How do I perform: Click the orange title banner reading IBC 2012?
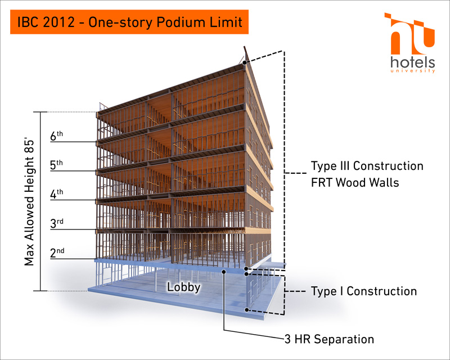pos(129,22)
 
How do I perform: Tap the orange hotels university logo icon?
pos(409,34)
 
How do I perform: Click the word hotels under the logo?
pos(413,62)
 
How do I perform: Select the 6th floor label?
pos(57,136)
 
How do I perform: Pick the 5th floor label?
pos(57,165)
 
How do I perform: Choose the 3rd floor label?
pos(57,223)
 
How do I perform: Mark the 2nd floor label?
pos(57,253)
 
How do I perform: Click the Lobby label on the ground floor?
pos(184,287)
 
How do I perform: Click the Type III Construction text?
pos(367,165)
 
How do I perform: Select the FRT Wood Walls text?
pos(355,182)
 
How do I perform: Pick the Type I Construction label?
pos(364,291)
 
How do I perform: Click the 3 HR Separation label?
pos(329,339)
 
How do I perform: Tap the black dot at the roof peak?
pos(244,62)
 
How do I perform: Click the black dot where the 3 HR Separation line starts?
pos(224,271)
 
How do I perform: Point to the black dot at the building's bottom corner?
pos(246,310)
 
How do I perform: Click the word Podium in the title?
pos(181,22)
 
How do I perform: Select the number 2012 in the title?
pos(58,22)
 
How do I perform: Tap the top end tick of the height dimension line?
pos(40,112)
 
